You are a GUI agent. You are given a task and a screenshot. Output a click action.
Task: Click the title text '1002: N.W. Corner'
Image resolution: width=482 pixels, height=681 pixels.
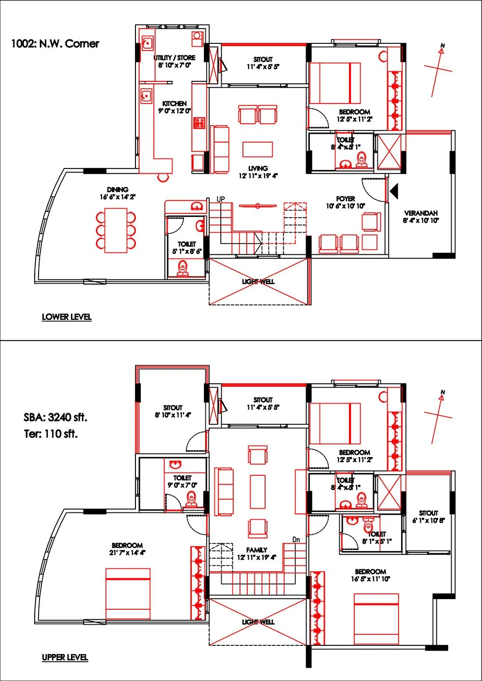tap(55, 44)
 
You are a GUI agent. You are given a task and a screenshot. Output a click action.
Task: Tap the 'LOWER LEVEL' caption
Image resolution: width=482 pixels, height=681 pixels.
tap(67, 317)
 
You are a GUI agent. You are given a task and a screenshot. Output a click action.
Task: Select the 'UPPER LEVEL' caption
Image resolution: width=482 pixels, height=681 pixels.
tap(65, 657)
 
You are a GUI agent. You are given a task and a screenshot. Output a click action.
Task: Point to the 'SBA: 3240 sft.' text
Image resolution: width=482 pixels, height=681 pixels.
tap(55, 417)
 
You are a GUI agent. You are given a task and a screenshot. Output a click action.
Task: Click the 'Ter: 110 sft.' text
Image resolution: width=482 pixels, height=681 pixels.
tap(51, 434)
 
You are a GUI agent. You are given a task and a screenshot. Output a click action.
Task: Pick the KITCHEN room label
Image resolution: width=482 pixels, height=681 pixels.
tap(174, 104)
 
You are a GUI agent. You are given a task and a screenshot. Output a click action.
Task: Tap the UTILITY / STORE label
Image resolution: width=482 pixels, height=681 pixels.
tap(174, 58)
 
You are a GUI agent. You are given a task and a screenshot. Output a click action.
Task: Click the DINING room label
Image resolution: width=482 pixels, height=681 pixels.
tap(118, 190)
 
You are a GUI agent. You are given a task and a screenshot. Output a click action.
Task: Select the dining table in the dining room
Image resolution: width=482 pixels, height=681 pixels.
tap(116, 229)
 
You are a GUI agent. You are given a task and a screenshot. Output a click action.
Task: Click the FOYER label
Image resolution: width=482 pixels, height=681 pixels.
tap(346, 198)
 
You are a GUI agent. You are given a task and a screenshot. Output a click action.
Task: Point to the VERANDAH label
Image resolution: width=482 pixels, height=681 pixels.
tap(421, 213)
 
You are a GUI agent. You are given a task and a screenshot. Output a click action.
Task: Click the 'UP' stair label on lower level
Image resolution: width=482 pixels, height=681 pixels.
tap(221, 199)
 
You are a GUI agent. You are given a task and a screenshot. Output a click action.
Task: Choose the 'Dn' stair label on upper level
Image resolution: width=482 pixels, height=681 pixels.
tap(296, 539)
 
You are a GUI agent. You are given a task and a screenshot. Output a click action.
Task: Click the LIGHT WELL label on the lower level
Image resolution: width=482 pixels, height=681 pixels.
tap(259, 281)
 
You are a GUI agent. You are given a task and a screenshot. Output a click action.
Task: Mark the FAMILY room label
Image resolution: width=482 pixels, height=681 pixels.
tap(256, 550)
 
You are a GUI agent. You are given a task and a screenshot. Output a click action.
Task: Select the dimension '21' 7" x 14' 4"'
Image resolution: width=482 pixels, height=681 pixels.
tap(128, 553)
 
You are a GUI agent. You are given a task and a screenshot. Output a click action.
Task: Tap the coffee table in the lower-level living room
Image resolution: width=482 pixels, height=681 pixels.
tap(257, 149)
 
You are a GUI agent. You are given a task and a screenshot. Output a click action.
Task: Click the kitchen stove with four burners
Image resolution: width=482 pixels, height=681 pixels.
tap(199, 123)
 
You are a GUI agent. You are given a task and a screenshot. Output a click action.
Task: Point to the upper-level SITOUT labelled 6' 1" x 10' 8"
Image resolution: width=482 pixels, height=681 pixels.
tap(428, 513)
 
